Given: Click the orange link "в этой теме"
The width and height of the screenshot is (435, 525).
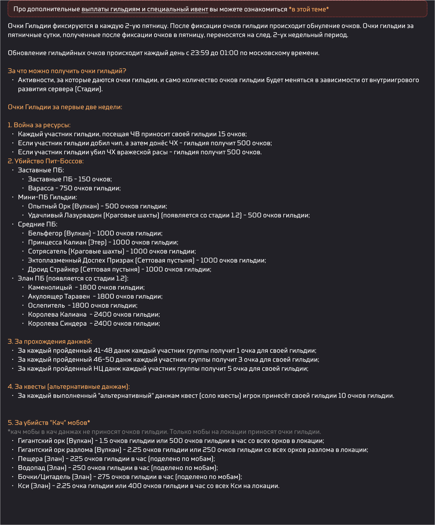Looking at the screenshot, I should tap(309, 9).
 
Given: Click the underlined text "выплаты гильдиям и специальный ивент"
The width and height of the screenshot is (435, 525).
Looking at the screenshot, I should tap(145, 9).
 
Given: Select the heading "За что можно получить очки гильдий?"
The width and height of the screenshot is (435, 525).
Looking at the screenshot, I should tap(67, 71).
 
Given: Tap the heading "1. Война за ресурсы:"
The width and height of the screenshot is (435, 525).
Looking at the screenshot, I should tap(39, 125).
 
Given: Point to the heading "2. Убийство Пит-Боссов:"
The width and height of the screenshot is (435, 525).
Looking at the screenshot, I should tap(45, 161).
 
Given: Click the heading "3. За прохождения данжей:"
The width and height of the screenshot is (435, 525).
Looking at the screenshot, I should tap(50, 342).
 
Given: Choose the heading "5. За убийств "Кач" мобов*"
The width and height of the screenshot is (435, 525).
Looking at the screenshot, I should tap(49, 423).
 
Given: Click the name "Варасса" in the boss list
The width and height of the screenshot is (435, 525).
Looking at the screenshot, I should tap(41, 188).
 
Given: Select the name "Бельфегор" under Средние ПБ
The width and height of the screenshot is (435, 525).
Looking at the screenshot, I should tap(45, 233).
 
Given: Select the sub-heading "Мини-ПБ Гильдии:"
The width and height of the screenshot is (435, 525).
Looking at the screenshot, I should tap(47, 197).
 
